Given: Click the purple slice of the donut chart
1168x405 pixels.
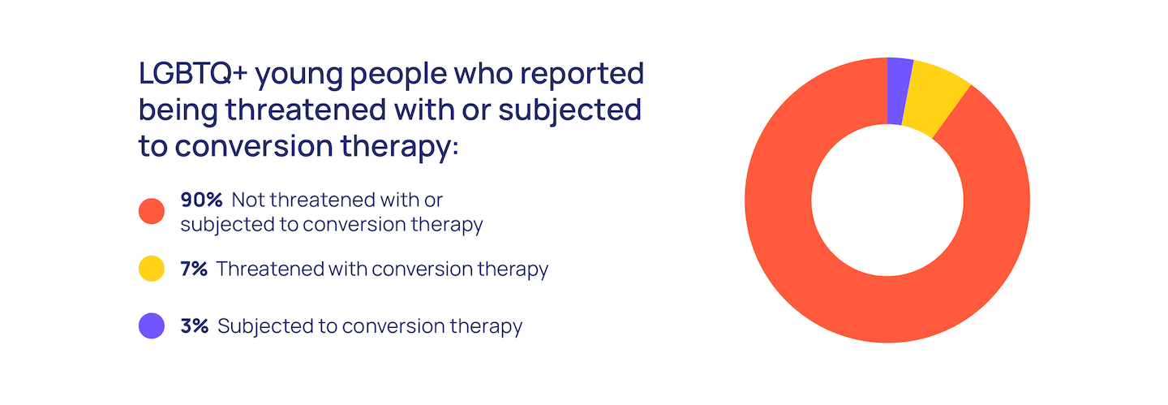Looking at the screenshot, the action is point(899,92).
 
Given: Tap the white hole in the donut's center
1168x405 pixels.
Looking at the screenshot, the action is point(887,200).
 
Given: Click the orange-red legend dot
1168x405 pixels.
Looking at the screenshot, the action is point(152,211).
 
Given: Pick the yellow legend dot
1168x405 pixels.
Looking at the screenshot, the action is point(152,269).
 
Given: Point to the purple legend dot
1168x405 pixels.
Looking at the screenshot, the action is point(152,325).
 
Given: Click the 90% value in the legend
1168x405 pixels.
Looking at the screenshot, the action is point(201,200).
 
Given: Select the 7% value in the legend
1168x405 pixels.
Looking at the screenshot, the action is point(194,269).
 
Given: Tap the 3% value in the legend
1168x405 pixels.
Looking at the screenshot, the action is point(195,325).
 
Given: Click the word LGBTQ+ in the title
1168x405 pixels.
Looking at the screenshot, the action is point(193,73).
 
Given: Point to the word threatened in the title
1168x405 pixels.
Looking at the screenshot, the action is point(306,110).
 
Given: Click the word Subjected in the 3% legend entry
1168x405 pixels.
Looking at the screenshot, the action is point(265,327).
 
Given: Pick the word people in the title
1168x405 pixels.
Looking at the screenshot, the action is point(398,75).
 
